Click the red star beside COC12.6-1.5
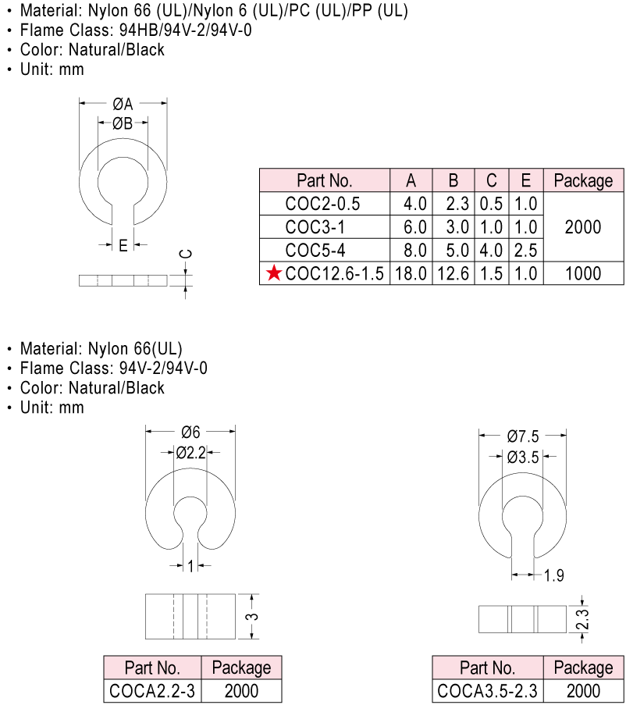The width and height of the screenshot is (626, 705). (274, 273)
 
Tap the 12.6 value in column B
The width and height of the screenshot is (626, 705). (453, 273)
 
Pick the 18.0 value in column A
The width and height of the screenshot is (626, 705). (411, 273)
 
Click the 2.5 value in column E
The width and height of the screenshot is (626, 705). (526, 250)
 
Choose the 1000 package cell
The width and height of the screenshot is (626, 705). (583, 273)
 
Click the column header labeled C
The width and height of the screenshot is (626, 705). (492, 180)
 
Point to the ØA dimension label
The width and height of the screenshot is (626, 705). (123, 104)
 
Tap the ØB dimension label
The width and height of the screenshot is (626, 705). (123, 123)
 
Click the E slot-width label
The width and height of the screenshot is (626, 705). (123, 245)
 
